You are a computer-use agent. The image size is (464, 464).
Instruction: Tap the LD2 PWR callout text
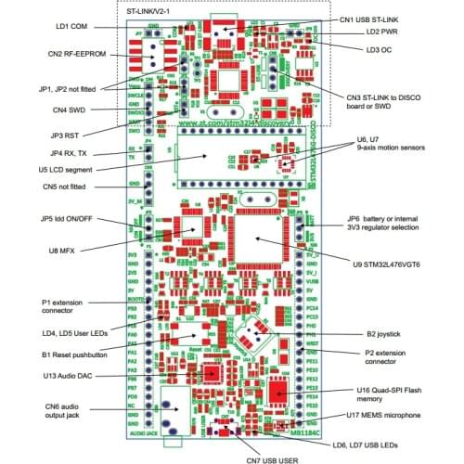[x=384, y=32]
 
